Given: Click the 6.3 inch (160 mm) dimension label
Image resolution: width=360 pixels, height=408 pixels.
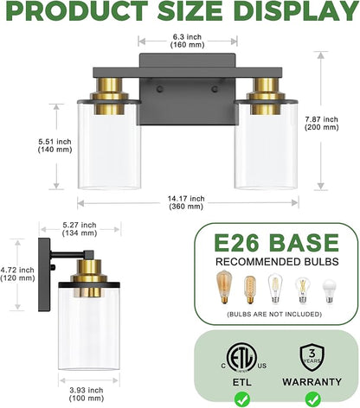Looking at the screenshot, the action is (187, 41).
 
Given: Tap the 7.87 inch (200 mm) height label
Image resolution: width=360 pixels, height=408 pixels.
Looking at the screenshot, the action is (322, 123).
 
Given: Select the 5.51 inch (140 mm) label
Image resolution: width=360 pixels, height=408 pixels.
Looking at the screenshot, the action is (55, 145).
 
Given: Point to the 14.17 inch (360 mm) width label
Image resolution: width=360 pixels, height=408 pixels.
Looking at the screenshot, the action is (186, 202).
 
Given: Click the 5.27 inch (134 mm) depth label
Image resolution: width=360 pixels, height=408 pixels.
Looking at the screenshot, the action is (80, 229).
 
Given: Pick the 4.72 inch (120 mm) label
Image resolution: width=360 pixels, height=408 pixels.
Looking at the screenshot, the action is (17, 274).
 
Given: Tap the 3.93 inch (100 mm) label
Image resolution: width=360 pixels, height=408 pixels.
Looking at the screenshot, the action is (87, 394).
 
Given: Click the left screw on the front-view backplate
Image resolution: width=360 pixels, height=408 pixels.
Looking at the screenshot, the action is (159, 89).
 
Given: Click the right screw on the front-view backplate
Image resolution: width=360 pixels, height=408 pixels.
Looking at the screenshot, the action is (215, 89).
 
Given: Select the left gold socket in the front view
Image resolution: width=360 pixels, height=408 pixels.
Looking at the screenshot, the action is (109, 96).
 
